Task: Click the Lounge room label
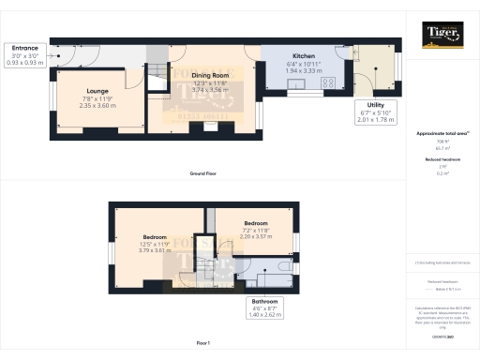tap(72, 91)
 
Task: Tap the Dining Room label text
tap(211, 75)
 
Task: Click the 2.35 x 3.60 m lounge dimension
tap(72, 106)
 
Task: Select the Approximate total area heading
tap(441, 134)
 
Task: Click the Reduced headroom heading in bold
tap(441, 160)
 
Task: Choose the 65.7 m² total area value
tap(440, 148)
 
